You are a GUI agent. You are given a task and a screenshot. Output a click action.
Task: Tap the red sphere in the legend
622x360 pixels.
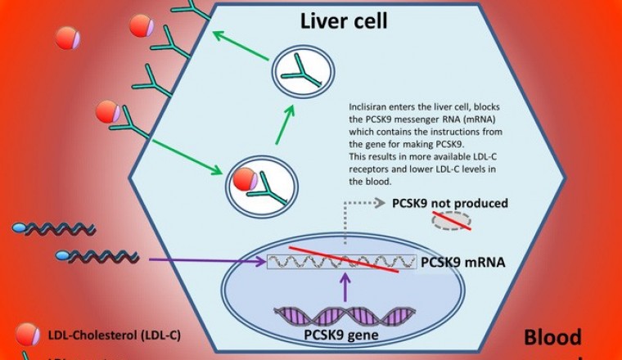[27, 333]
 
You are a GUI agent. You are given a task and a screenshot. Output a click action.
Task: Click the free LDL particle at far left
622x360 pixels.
[67, 38]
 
